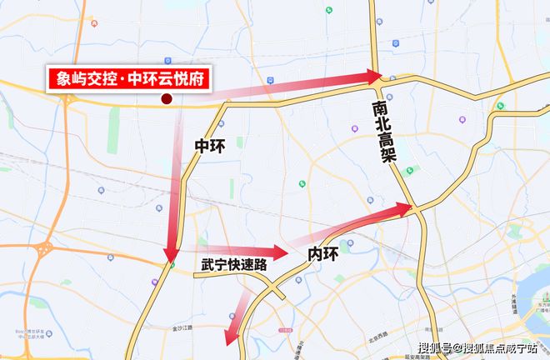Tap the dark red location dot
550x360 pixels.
pos(167,99)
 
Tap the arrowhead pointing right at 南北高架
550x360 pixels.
pos(372,77)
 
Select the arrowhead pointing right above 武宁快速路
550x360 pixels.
pos(278,251)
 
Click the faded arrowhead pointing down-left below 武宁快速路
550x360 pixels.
pos(231,337)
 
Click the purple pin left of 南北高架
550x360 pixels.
pos(355,129)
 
